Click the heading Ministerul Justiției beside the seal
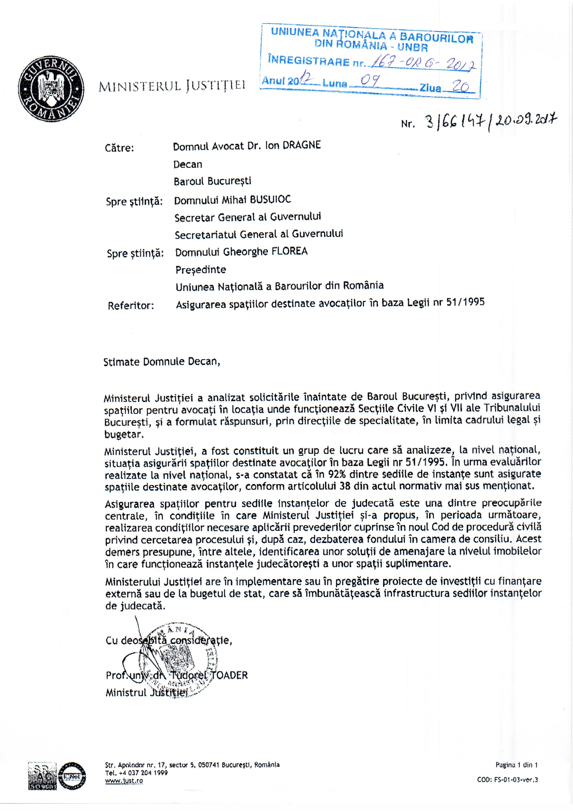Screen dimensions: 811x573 172,86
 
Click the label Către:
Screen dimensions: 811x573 119,148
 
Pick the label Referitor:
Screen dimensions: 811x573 131,305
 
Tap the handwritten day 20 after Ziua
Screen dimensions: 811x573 461,86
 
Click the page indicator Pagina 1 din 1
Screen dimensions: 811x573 516,765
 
